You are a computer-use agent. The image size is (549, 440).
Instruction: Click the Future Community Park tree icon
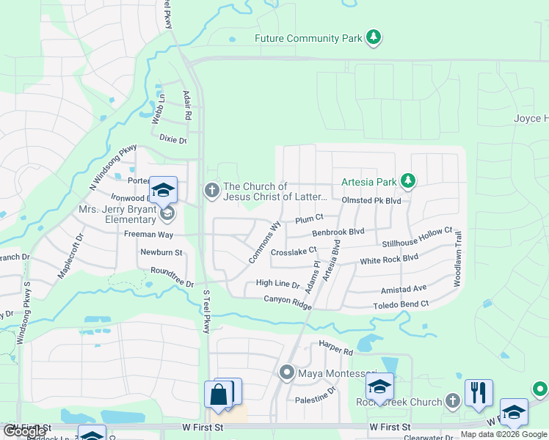pyautogui.click(x=374, y=37)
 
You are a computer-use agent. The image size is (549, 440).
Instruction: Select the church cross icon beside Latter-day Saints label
pyautogui.click(x=212, y=191)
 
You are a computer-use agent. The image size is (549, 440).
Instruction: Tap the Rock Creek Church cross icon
pyautogui.click(x=453, y=401)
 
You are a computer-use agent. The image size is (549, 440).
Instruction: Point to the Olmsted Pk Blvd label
pyautogui.click(x=372, y=200)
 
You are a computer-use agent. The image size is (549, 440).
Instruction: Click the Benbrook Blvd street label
pyautogui.click(x=338, y=232)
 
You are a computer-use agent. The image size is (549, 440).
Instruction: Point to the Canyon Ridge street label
pyautogui.click(x=288, y=301)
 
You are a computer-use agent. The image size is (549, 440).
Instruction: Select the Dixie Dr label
pyautogui.click(x=173, y=140)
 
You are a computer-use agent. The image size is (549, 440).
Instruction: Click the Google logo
pyautogui.click(x=24, y=431)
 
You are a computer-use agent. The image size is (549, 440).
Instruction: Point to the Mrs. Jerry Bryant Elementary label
pyautogui.click(x=119, y=213)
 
